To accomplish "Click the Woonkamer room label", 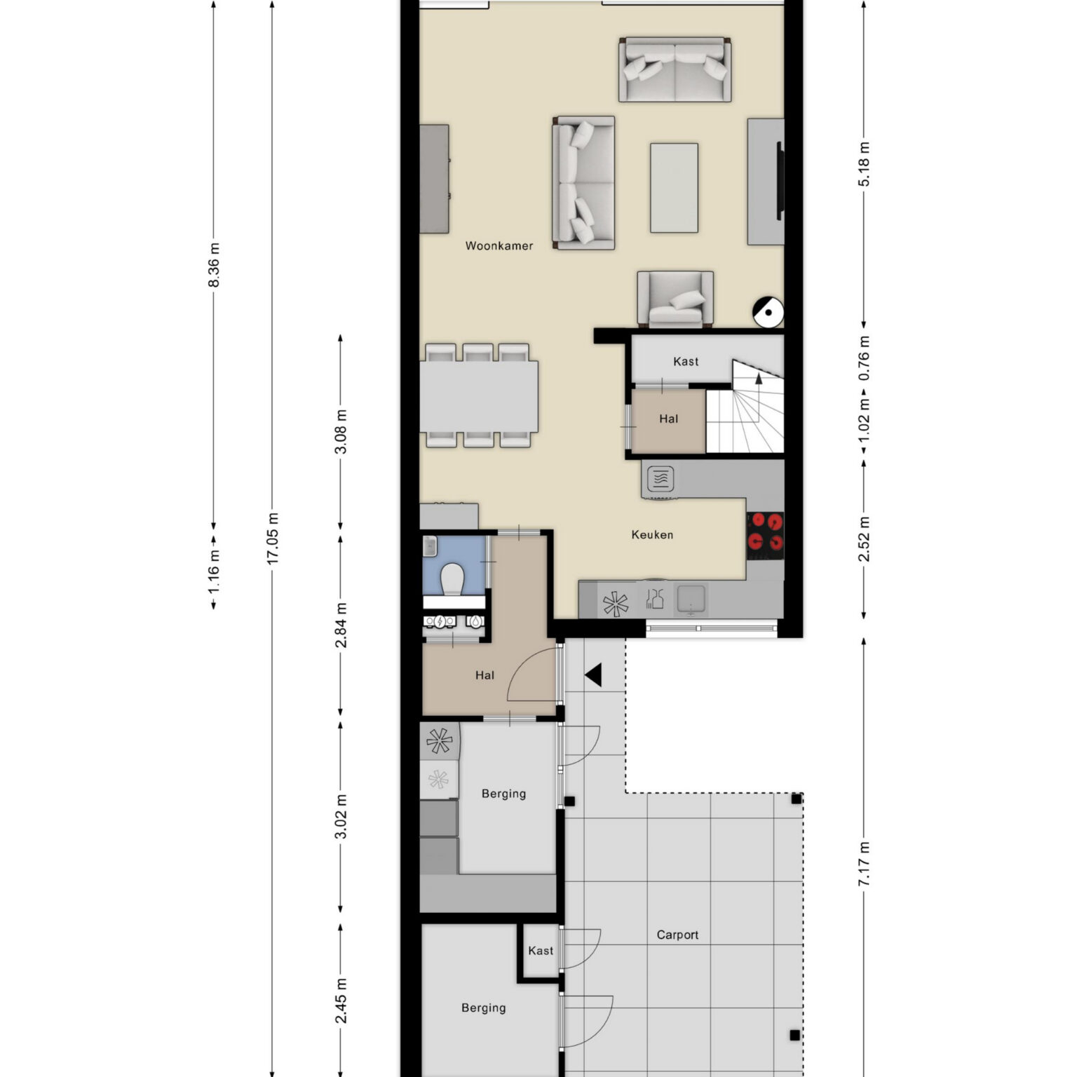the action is (499, 246).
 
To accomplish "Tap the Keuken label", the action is (652, 535).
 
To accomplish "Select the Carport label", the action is (677, 935).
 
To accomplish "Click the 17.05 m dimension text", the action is (273, 538).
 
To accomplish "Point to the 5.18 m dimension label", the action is (864, 163).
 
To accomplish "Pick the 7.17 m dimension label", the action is (864, 863).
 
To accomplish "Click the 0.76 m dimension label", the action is (864, 358).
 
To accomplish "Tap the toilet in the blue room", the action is (453, 579).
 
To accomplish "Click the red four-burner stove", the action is (765, 531).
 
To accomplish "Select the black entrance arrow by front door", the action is (593, 675).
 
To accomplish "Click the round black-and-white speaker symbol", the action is (768, 312).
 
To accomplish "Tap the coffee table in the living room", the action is (674, 188).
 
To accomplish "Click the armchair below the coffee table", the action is (675, 299).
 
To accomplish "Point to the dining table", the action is (479, 396).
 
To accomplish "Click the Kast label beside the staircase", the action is (686, 362).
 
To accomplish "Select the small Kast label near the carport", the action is (541, 951).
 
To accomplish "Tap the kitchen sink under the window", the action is (691, 600).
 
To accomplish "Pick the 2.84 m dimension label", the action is (341, 625).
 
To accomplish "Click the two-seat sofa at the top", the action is (675, 69).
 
